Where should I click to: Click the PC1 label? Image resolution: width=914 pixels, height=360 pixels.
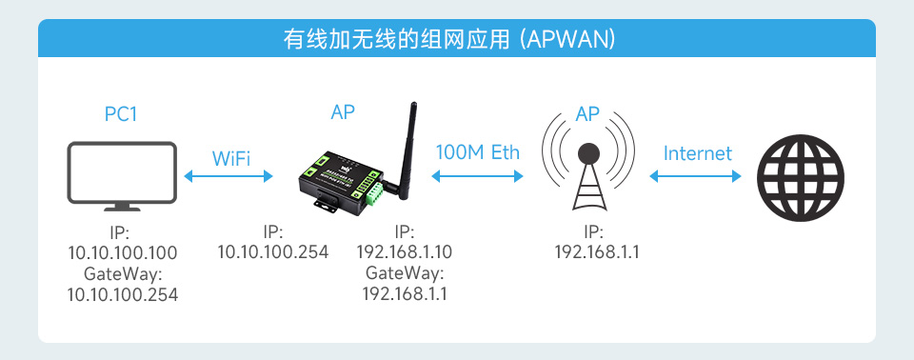[x=121, y=114]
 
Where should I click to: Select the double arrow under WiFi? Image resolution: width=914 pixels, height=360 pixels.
[x=229, y=175]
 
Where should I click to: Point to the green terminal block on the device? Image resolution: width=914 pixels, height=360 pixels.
[x=368, y=189]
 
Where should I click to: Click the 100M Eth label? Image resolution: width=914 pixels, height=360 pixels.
[x=478, y=152]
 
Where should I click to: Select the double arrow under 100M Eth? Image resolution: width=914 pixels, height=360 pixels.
[x=478, y=175]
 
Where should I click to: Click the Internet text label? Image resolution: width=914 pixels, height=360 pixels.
[x=697, y=152]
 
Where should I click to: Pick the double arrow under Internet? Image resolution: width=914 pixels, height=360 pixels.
[x=696, y=175]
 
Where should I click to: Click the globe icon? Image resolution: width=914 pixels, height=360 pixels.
[x=801, y=176]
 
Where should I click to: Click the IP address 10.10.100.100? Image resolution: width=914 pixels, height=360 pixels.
[x=123, y=252]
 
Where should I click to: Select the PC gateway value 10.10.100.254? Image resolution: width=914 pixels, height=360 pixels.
[x=123, y=294]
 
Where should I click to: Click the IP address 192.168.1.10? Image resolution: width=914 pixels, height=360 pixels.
[x=405, y=252]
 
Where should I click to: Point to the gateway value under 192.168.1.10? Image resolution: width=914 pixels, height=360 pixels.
[x=405, y=294]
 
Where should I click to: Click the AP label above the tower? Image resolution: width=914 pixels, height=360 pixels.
[x=587, y=114]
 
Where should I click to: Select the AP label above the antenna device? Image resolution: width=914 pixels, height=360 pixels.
[x=343, y=111]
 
